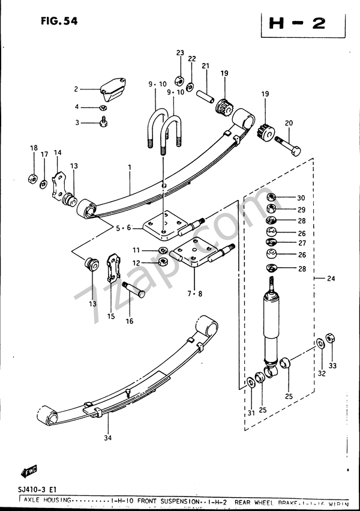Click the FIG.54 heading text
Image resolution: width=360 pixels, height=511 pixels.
pyautogui.click(x=59, y=21)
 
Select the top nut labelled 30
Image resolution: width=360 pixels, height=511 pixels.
pyautogui.click(x=271, y=198)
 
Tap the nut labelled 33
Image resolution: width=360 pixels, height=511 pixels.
pyautogui.click(x=329, y=337)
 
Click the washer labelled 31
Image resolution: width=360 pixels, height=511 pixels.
pyautogui.click(x=250, y=382)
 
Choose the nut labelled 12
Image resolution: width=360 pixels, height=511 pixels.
pyautogui.click(x=164, y=262)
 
